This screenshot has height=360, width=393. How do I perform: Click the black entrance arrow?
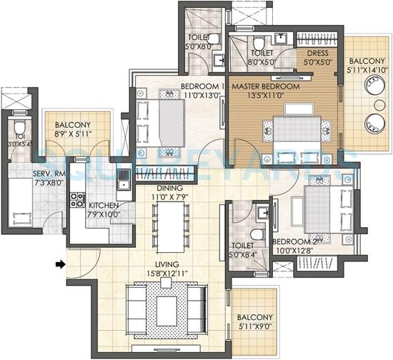click(61, 265)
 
